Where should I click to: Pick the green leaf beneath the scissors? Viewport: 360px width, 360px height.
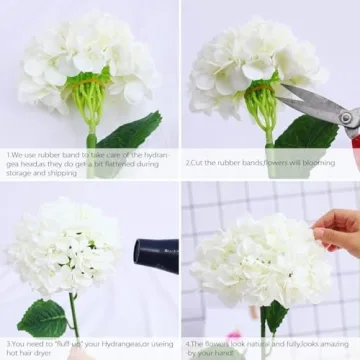[305, 135]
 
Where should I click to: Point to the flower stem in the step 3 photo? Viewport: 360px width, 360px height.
[74, 316]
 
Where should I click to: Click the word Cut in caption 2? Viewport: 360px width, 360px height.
[200, 161]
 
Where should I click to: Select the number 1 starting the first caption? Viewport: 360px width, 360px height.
[8, 155]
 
